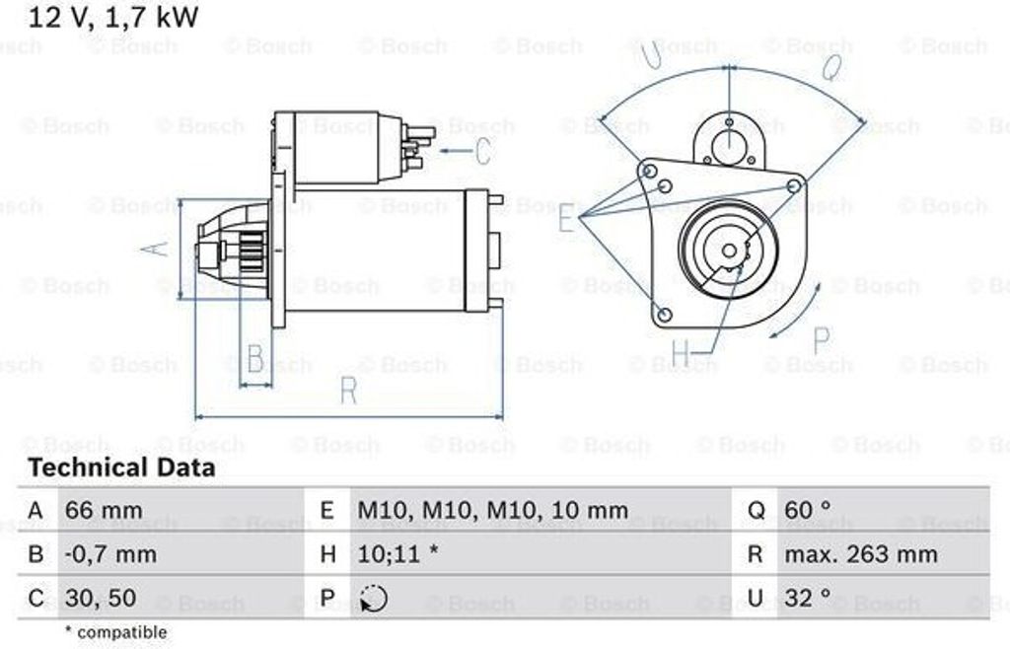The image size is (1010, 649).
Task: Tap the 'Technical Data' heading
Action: click(121, 468)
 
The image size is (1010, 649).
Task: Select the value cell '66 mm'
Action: click(103, 511)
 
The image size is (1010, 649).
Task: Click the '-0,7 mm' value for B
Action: click(110, 554)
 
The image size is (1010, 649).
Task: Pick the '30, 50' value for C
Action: click(100, 598)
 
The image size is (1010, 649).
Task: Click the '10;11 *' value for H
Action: click(397, 554)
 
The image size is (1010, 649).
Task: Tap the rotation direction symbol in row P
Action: click(374, 598)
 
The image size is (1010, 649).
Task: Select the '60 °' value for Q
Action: click(807, 511)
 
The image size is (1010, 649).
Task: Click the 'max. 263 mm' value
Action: click(860, 554)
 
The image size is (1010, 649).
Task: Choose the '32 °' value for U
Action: click(807, 598)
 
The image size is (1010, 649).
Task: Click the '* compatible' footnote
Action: click(115, 631)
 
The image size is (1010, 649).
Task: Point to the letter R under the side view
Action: click(348, 391)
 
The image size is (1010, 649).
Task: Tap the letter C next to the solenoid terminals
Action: click(482, 151)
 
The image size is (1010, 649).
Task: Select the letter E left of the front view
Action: click(566, 218)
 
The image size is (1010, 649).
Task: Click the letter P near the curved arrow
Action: click(821, 340)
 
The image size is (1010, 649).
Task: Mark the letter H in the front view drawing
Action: click(682, 352)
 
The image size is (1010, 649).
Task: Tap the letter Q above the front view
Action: click(831, 67)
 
